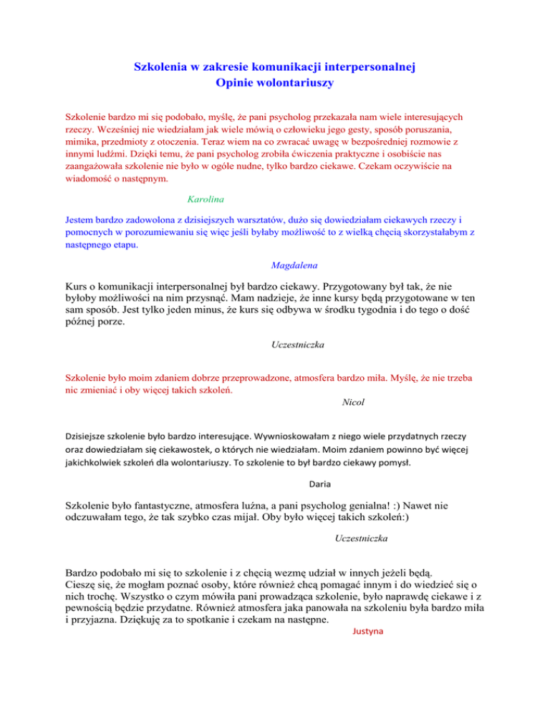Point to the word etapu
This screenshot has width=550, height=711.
(x=142, y=245)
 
